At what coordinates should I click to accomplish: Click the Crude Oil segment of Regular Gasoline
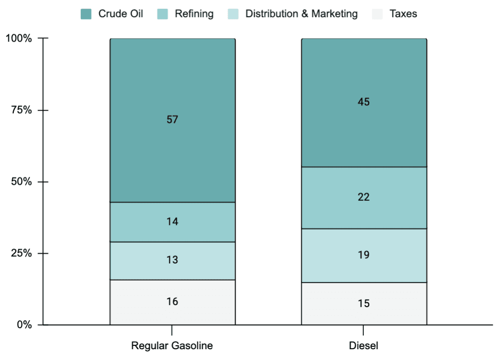coord(172,120)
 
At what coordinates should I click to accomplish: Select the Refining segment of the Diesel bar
coord(364,198)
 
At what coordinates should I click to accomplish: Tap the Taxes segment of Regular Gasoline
coord(172,302)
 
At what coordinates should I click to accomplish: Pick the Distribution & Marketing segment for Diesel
coord(364,255)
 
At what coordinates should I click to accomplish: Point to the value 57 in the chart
coord(172,120)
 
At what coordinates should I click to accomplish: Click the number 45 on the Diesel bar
coord(363,102)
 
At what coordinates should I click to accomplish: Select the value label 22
coord(363,197)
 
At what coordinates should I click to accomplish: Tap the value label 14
coord(172,221)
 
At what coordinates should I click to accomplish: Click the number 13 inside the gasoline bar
coord(172,260)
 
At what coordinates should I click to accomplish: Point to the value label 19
coord(363,255)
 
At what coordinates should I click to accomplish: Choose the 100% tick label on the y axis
coord(19,38)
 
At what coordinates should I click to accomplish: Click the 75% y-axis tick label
coord(22,110)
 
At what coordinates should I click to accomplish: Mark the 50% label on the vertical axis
coord(22,182)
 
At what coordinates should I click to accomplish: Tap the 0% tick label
coord(24,325)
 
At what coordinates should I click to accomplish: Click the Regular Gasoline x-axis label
coord(172,346)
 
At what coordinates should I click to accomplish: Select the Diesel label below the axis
coord(363,346)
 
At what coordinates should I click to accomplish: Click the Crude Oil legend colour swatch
coord(86,14)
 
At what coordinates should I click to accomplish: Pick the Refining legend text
coord(194,14)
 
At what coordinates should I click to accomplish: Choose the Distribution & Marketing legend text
coord(302,14)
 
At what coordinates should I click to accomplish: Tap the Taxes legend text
coord(404,14)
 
